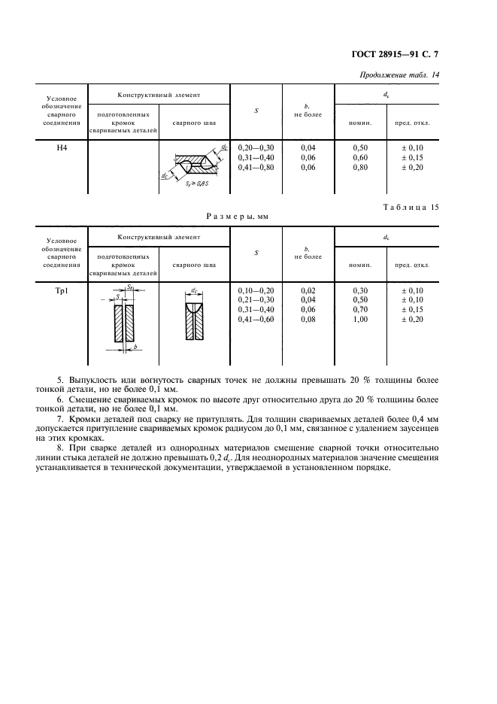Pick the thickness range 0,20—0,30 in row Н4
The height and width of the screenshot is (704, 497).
click(256, 148)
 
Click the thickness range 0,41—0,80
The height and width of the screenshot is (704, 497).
click(256, 167)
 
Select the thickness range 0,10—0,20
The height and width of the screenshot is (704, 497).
click(256, 290)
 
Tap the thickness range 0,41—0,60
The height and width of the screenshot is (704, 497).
click(256, 319)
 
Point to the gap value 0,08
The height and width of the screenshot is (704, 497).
click(308, 319)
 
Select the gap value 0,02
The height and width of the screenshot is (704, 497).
click(308, 290)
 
